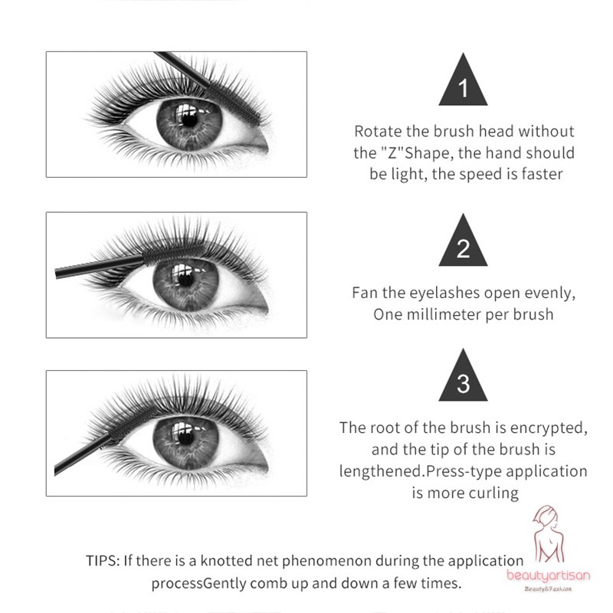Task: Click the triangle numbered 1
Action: (x=463, y=84)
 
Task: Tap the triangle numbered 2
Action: (x=463, y=244)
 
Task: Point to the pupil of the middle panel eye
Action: (x=185, y=277)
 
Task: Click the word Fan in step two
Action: (x=366, y=293)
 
